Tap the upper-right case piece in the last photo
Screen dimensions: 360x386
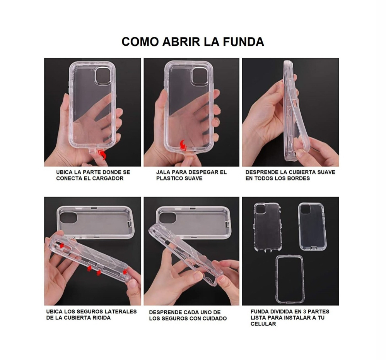[312, 226]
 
